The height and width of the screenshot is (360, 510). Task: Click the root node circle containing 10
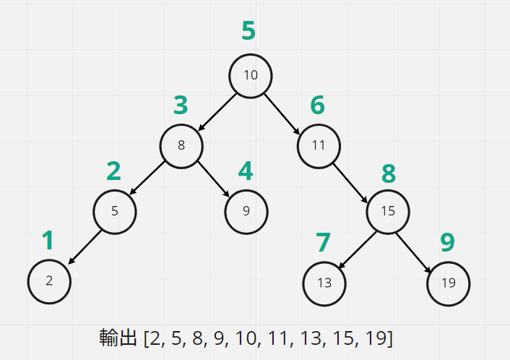point(251,75)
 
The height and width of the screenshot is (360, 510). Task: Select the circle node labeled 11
point(319,145)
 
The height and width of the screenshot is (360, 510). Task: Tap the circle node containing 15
point(388,211)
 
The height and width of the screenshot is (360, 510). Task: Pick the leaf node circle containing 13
point(324,282)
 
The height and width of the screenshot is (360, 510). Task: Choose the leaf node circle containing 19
point(448,282)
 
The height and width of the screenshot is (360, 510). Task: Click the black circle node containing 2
point(49,281)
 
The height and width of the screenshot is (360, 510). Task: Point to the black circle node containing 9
point(246,212)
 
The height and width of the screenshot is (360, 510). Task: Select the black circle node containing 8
point(181,145)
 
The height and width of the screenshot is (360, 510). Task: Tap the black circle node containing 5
point(114,212)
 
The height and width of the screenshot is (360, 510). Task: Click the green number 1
point(48,241)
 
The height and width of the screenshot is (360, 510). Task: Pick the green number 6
point(318,106)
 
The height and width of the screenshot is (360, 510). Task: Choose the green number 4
point(246,171)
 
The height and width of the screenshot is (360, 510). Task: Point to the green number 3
point(181,106)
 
